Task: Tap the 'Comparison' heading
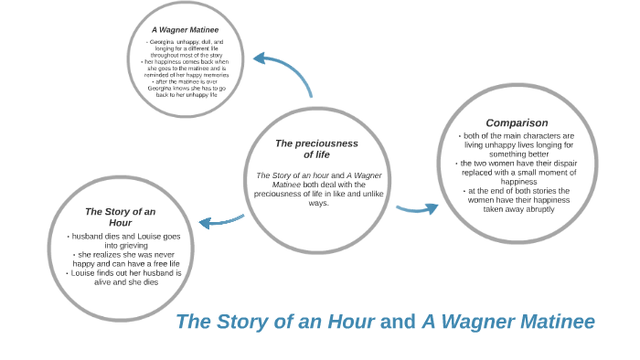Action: [517, 122]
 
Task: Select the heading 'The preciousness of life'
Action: [316, 148]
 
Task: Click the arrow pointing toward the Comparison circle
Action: [417, 208]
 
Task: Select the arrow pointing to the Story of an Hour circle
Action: [220, 221]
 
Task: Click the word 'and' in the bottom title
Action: [398, 322]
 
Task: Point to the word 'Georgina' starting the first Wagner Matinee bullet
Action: [165, 42]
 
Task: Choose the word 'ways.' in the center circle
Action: [318, 203]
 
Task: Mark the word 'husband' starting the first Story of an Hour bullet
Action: [88, 236]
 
